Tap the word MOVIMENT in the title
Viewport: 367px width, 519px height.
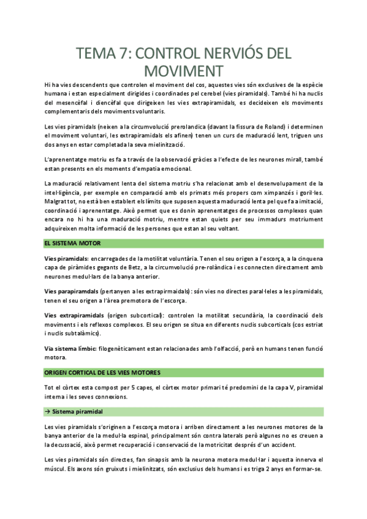(x=184, y=69)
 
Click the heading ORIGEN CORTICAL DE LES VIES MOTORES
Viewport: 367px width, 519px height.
(x=102, y=372)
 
